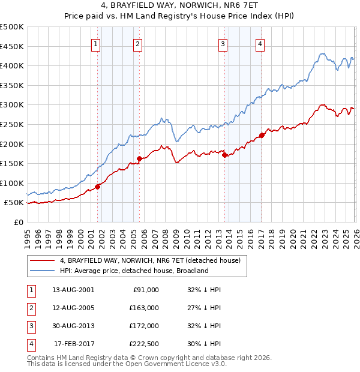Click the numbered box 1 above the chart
[x=97, y=43]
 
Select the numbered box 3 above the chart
[x=223, y=43]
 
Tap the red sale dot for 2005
[x=139, y=158]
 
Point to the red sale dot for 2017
[x=262, y=135]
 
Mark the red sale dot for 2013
[x=225, y=155]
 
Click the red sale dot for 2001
[x=97, y=187]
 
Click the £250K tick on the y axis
[x=12, y=124]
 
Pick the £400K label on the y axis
[x=12, y=65]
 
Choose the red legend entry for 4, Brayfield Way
[x=150, y=260]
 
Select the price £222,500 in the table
[x=143, y=344]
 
